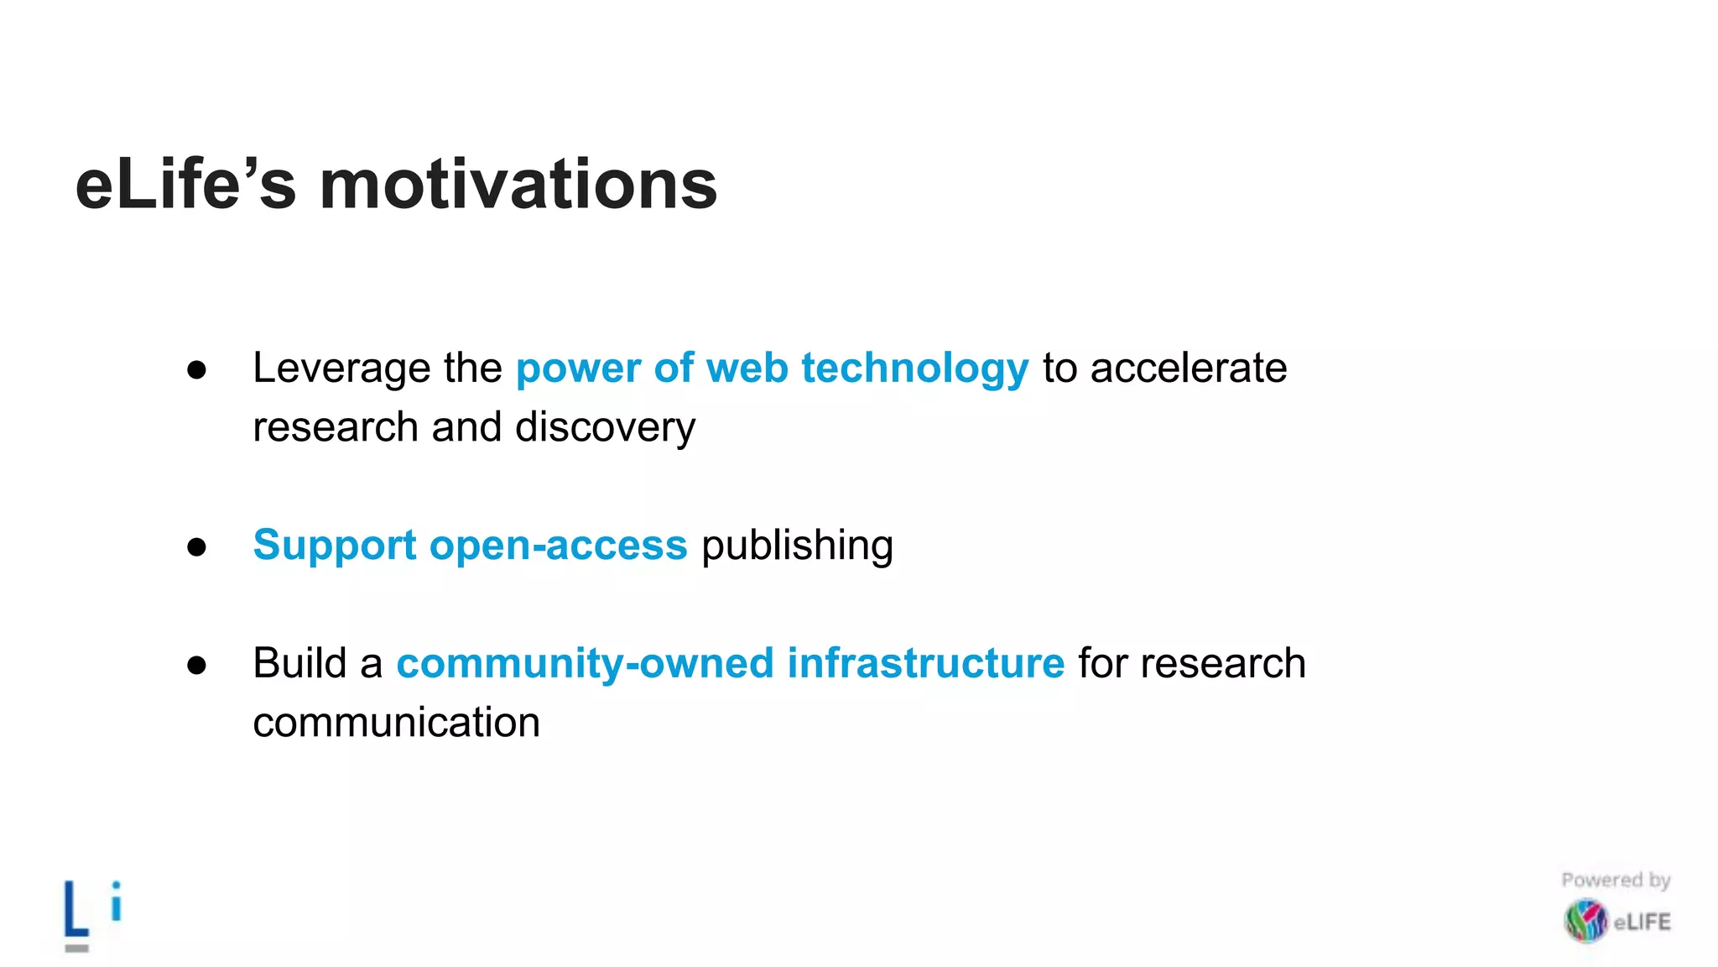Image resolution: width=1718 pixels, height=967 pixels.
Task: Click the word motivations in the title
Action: (x=518, y=186)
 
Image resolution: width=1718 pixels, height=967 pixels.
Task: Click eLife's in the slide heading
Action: (x=185, y=186)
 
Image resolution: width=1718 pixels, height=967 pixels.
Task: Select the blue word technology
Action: (x=914, y=369)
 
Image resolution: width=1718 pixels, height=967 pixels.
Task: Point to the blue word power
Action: (x=579, y=369)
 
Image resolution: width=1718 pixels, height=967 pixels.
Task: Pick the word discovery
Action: (x=605, y=428)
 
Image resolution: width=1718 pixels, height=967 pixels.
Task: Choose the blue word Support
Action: (x=335, y=546)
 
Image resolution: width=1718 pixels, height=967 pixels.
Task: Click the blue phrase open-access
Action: (x=558, y=546)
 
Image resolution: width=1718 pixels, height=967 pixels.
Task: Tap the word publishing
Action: (x=797, y=546)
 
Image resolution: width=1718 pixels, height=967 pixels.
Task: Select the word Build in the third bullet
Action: (x=299, y=663)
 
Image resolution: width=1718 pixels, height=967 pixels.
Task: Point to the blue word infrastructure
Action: (x=925, y=663)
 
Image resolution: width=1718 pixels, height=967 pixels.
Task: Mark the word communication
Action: (x=396, y=723)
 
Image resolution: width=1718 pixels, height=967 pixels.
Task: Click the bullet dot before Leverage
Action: (x=197, y=370)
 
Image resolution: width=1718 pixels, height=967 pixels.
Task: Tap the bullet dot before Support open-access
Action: (x=197, y=547)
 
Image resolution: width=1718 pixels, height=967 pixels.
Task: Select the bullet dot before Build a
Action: (x=197, y=665)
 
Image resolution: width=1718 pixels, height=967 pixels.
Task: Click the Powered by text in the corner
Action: (x=1616, y=881)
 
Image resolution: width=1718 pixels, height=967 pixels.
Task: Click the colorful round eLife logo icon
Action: (x=1585, y=921)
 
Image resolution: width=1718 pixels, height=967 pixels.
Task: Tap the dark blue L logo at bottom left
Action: (x=76, y=910)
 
